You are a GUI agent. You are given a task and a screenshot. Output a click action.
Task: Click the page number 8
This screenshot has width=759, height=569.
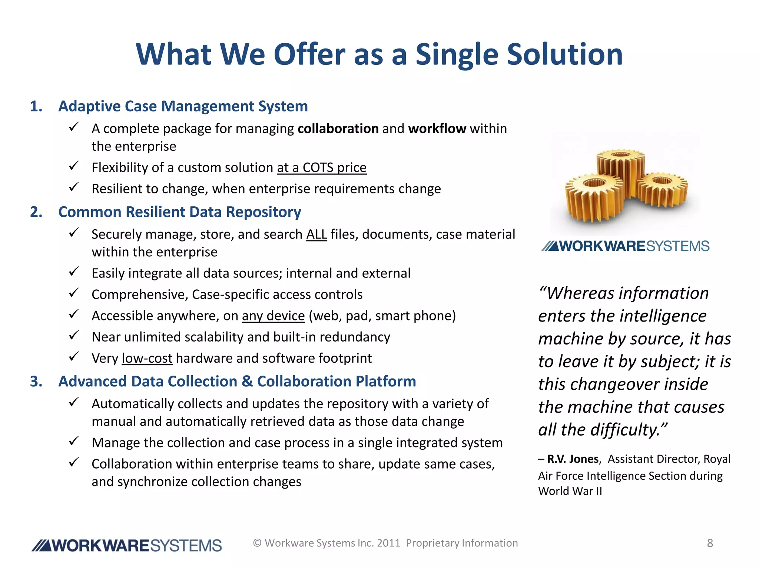[x=710, y=543]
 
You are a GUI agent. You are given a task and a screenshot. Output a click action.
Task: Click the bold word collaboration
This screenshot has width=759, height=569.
[x=338, y=129]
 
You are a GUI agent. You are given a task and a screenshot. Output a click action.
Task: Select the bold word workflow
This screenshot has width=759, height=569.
[x=437, y=129]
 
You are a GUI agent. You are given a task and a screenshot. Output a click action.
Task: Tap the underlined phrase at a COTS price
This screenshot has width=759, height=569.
[x=322, y=168]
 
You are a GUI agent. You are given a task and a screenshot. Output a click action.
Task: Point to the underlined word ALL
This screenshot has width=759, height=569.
[x=316, y=234]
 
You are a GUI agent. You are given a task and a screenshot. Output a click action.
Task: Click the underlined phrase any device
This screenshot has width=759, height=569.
[x=273, y=316]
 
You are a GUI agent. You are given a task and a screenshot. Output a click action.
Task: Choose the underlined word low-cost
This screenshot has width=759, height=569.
[x=147, y=359]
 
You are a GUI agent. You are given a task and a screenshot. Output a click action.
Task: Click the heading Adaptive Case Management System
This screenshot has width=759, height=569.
[x=183, y=106]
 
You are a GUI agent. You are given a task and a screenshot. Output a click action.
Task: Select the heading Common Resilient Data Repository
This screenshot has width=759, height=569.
[x=180, y=212]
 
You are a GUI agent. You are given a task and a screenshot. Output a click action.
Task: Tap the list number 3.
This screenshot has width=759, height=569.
[x=36, y=382]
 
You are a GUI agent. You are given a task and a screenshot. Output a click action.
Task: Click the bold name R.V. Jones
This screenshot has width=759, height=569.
[x=573, y=459]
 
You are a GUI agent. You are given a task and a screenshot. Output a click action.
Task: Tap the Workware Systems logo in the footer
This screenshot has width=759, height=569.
[x=127, y=546]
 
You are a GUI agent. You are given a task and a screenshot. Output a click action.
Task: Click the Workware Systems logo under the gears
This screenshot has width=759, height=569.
[x=626, y=246]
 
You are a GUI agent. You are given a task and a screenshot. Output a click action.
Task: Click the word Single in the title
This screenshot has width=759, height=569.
[x=457, y=54]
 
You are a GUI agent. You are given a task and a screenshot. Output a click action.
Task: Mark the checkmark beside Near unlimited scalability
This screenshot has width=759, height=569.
[x=74, y=336]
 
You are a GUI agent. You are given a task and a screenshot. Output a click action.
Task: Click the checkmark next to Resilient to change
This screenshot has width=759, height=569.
[x=74, y=187]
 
